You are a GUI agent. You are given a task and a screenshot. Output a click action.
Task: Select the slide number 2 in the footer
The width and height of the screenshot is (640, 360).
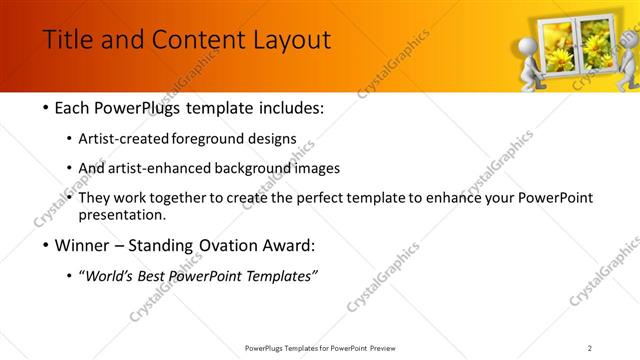(x=589, y=348)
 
